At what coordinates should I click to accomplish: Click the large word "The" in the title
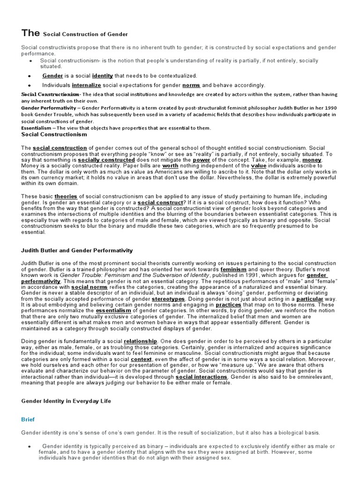pyautogui.click(x=31, y=33)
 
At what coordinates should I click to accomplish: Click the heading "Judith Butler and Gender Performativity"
pyautogui.click(x=77, y=251)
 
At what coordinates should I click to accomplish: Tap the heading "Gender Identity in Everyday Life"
pyautogui.click(x=67, y=401)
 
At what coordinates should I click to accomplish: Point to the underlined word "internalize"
pyautogui.click(x=87, y=85)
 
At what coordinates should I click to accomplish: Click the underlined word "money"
pyautogui.click(x=312, y=160)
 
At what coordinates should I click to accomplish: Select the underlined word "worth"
pyautogui.click(x=171, y=166)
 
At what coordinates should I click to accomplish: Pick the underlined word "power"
pyautogui.click(x=201, y=160)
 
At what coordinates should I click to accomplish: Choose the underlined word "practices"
pyautogui.click(x=228, y=304)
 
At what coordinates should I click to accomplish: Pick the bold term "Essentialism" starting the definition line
pyautogui.click(x=37, y=128)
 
